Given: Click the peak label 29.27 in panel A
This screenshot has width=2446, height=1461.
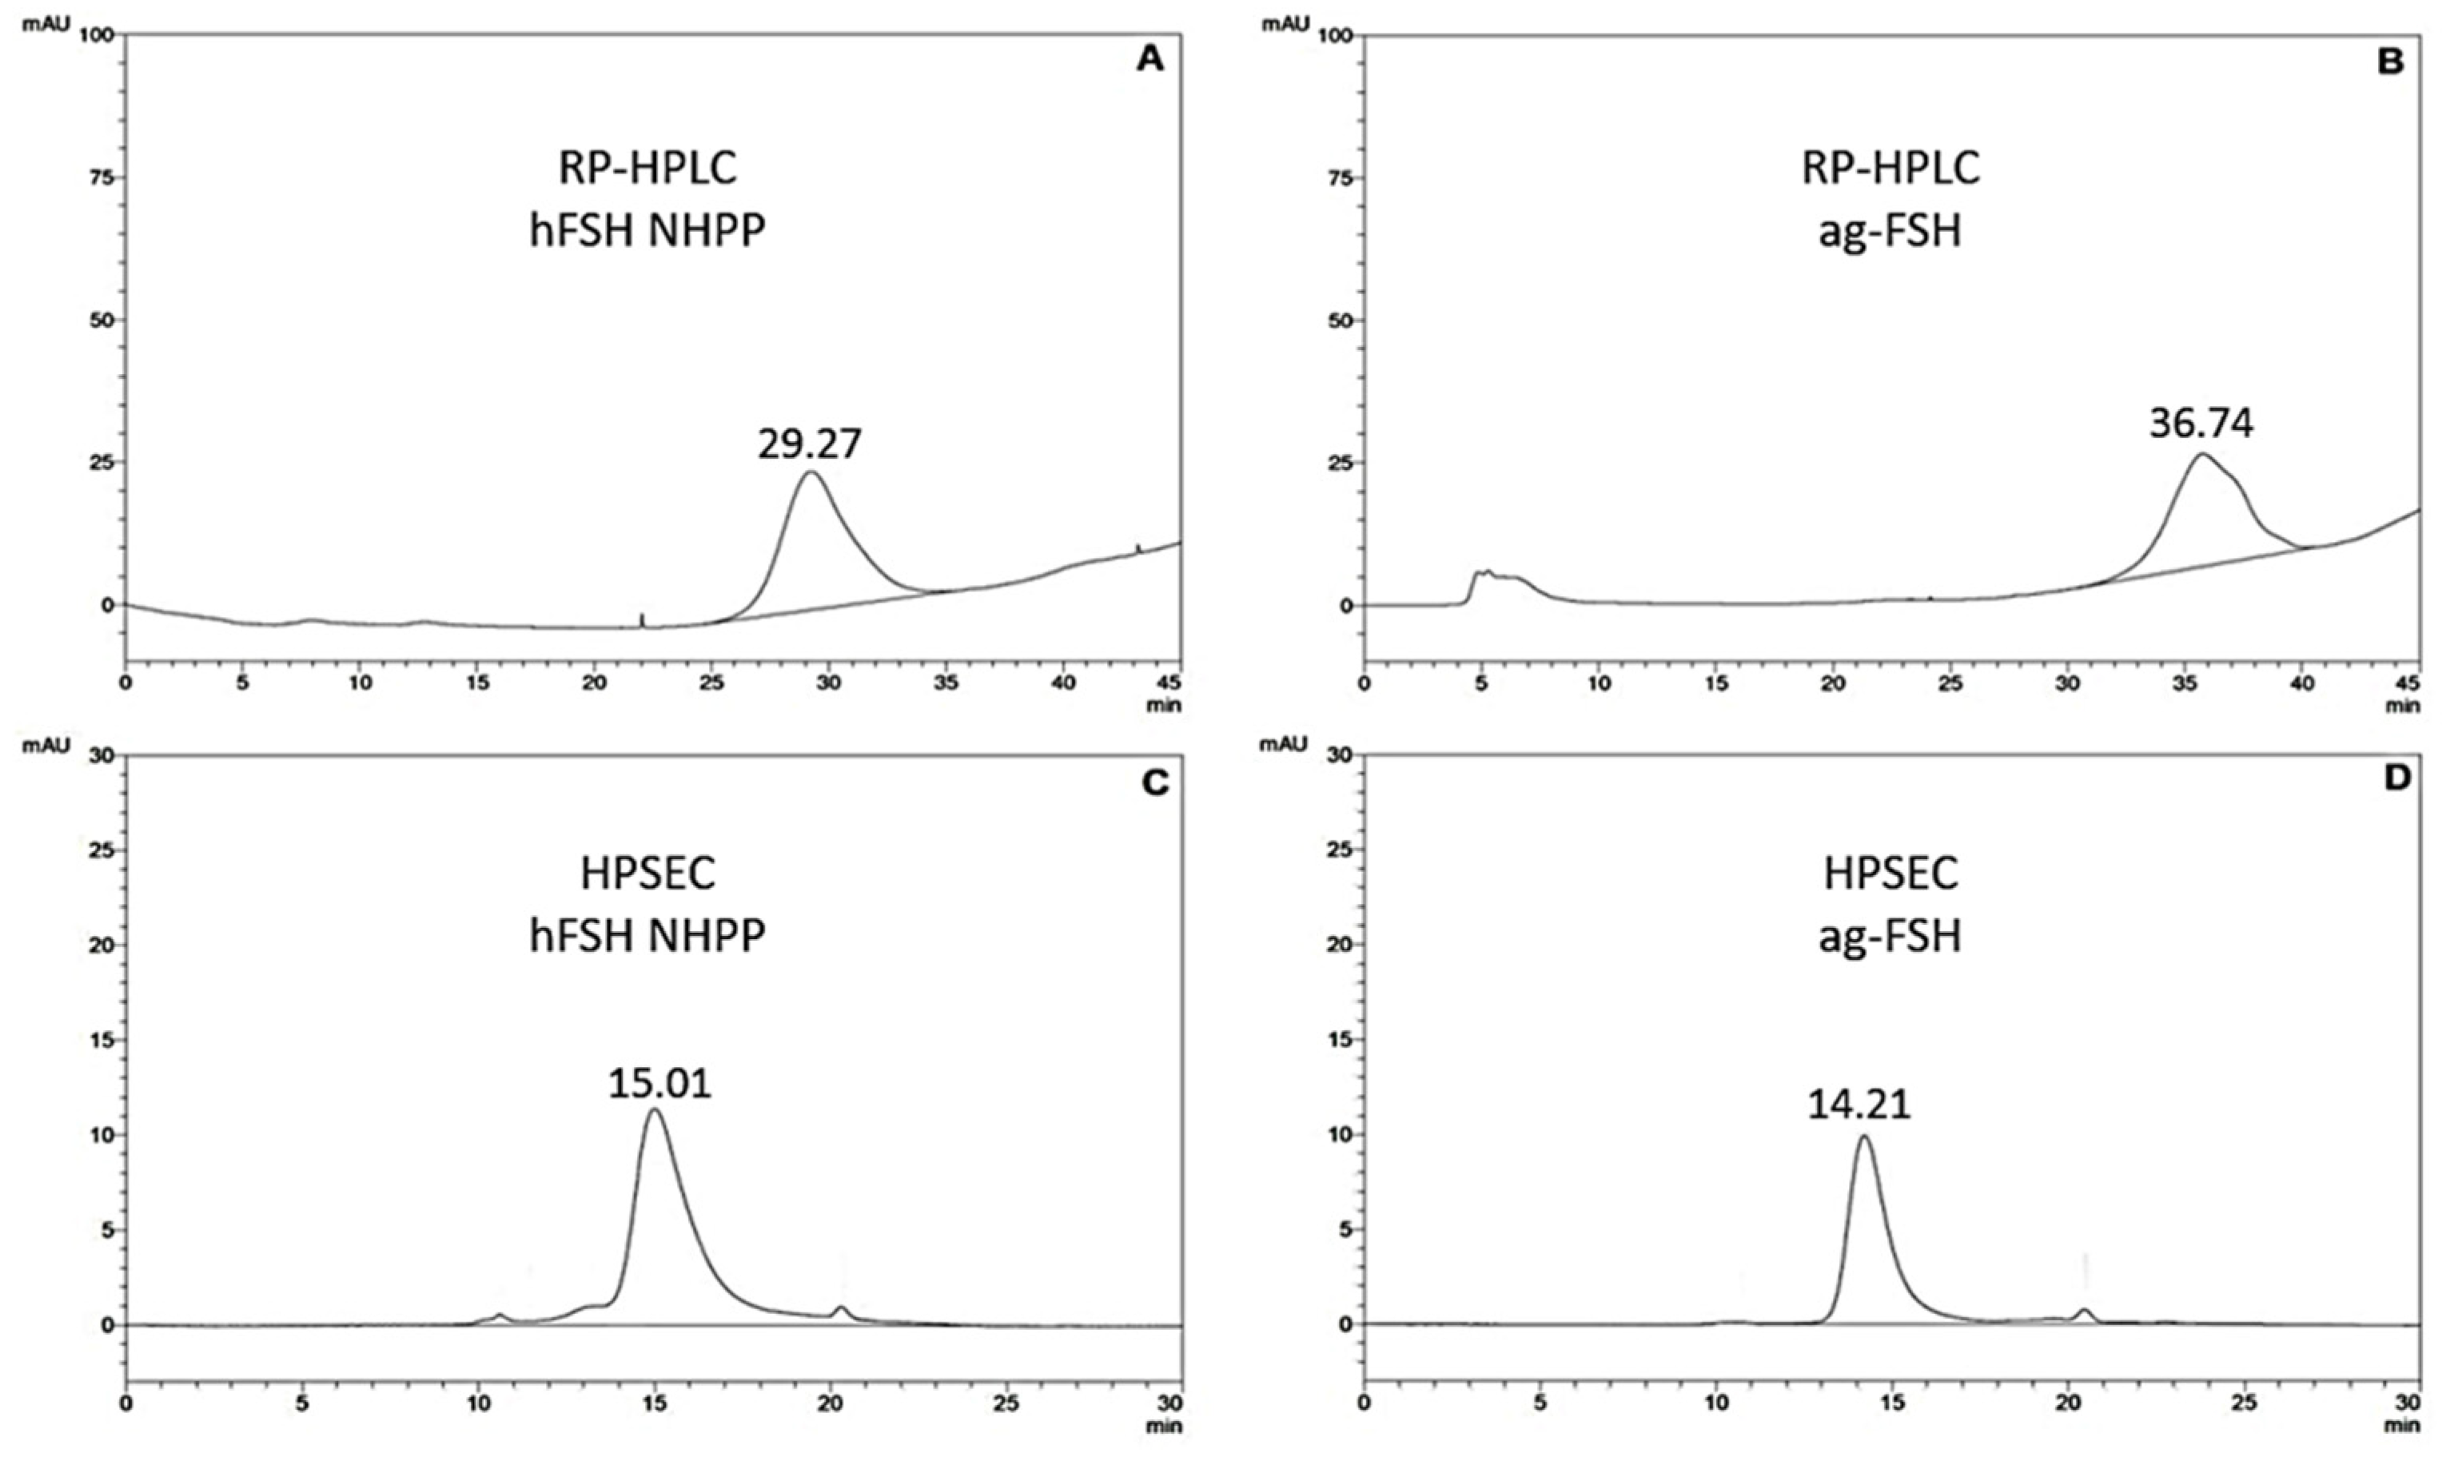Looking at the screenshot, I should (x=810, y=444).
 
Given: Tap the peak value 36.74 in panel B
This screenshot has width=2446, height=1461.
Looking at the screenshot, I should (x=2201, y=424).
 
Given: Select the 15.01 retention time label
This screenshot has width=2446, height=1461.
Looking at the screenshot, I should (x=659, y=1084).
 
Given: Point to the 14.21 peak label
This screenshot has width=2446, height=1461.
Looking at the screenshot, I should (x=1858, y=1105).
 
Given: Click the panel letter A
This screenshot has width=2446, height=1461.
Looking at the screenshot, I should (x=1149, y=60).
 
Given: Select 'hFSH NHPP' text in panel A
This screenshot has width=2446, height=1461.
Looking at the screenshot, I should (x=647, y=231).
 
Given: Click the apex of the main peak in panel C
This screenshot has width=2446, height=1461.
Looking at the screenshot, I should (x=654, y=1109).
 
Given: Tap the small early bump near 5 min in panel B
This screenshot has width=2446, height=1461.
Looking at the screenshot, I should (x=1484, y=572).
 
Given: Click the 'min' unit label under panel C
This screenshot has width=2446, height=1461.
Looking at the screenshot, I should (x=1168, y=1424).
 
